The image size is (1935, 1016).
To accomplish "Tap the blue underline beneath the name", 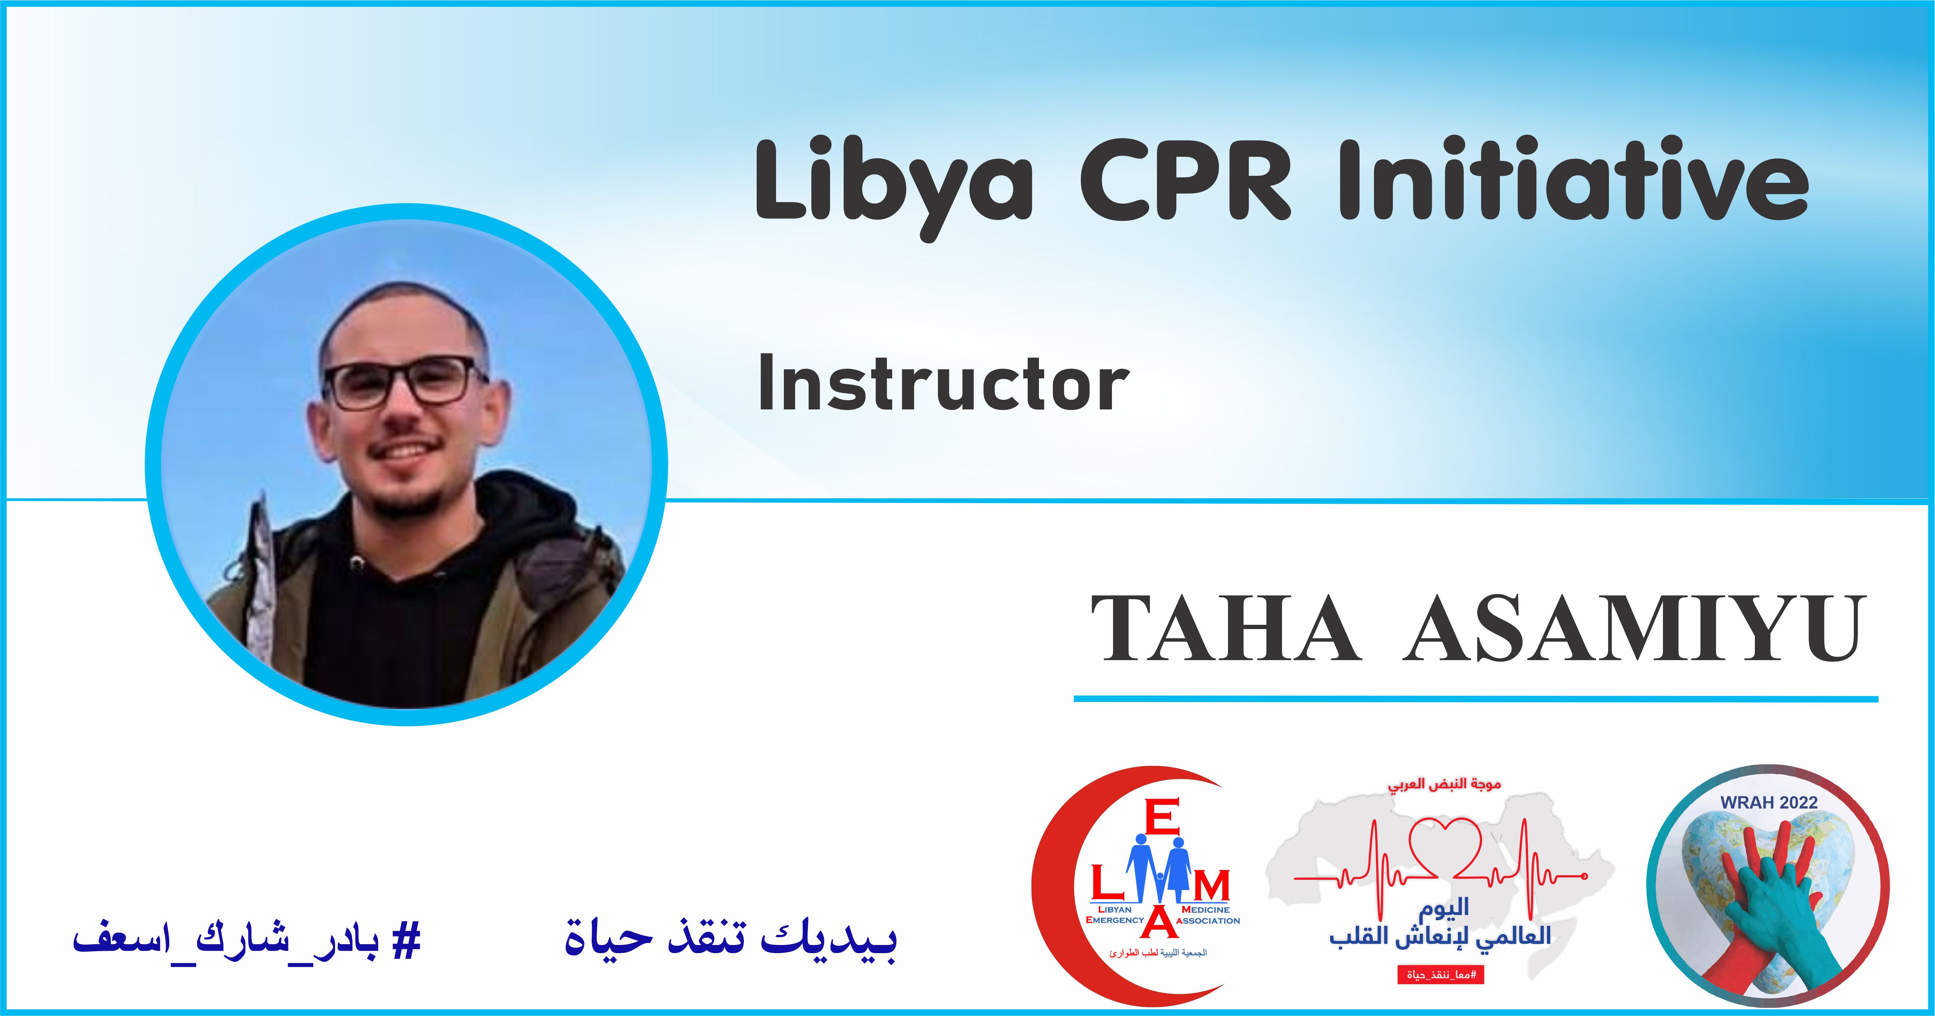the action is click(1476, 699).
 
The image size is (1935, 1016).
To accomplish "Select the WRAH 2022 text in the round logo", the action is click(1769, 802).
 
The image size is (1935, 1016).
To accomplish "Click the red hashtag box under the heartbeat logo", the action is click(1441, 975).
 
